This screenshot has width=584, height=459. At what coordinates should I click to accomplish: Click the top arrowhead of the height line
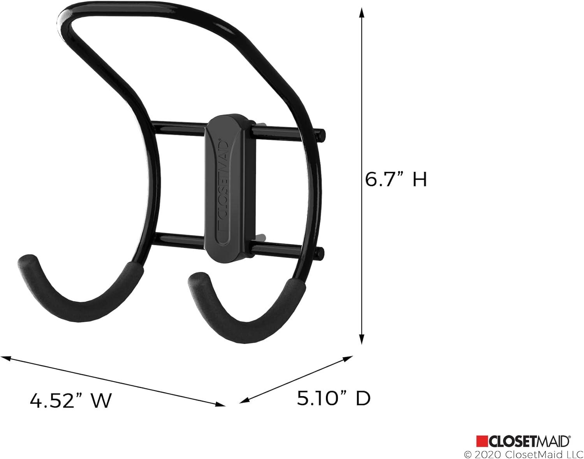click(362, 13)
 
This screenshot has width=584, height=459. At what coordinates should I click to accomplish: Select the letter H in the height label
click(420, 180)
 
